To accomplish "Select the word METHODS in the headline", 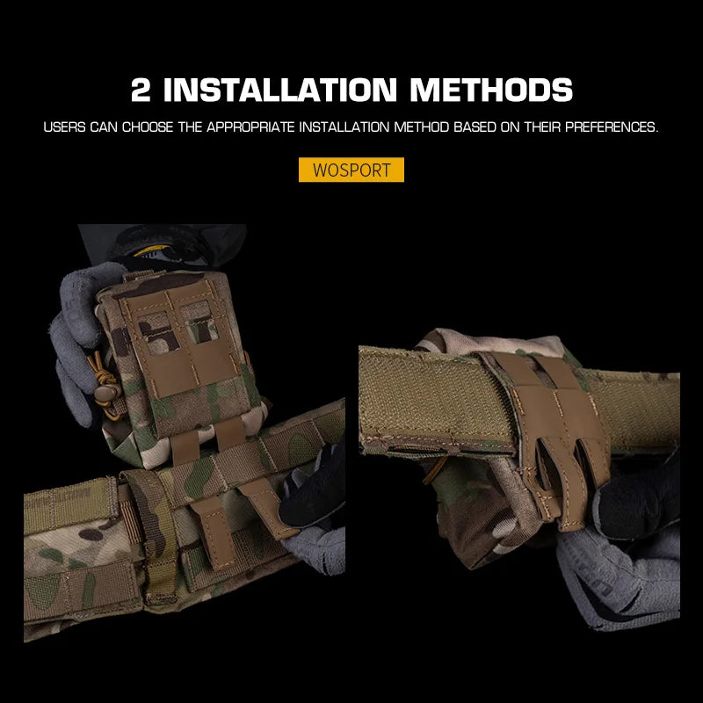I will [x=491, y=90].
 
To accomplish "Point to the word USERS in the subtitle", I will [x=64, y=127].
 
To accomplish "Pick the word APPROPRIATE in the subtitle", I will [x=250, y=127].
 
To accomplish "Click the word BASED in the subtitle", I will [x=473, y=127].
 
